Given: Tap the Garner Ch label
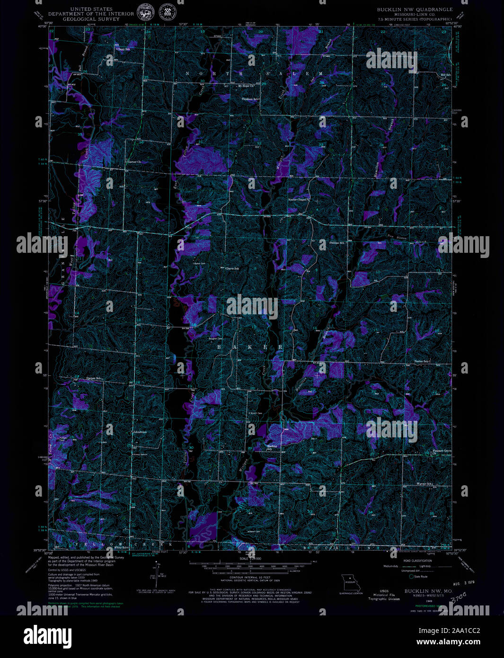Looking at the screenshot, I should tap(134, 162).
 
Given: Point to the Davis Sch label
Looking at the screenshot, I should tap(232, 269).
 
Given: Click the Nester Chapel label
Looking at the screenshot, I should tap(298, 200).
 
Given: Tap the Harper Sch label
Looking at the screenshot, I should tap(94, 378).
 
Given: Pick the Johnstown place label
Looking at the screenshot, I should tap(140, 432).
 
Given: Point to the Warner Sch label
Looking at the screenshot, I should tap(424, 484).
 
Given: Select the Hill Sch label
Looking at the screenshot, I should tap(445, 75).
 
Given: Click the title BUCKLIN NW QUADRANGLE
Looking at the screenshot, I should tap(415, 9).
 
